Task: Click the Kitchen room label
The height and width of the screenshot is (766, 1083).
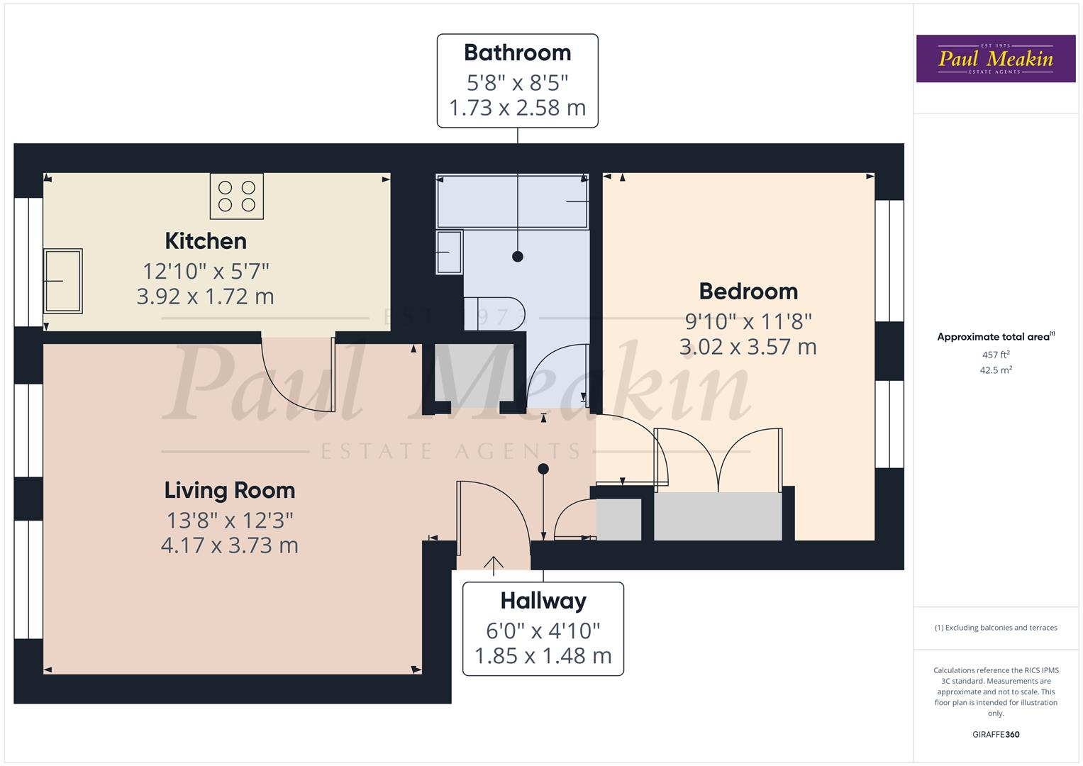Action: pos(206,241)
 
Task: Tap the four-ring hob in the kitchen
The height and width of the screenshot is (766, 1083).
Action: pos(236,196)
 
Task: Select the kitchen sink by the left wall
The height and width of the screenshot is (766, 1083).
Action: pos(63,281)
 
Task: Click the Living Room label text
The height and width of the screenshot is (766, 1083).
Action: pos(229,490)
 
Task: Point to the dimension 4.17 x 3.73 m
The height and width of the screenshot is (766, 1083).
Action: pos(229,545)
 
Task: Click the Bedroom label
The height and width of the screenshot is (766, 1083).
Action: pos(748,292)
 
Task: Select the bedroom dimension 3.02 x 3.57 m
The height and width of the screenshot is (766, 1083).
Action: pos(748,347)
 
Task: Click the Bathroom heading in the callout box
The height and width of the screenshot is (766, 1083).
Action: pos(517,53)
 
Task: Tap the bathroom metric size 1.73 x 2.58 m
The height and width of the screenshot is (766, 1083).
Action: pos(517,108)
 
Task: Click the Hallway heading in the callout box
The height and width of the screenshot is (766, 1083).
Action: pos(543,601)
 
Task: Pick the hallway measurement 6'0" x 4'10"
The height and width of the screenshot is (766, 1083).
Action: pos(543,630)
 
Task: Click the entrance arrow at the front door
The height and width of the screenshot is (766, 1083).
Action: pos(493,563)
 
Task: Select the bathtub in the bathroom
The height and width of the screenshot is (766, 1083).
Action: pos(513,201)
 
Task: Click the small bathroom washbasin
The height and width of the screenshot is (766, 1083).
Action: pos(449,252)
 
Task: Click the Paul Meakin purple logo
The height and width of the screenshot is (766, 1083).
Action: pos(996,59)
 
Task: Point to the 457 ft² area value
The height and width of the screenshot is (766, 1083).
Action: pos(996,355)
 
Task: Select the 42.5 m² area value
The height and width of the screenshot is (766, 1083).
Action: pos(996,370)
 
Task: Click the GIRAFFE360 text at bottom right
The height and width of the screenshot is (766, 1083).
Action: pos(996,734)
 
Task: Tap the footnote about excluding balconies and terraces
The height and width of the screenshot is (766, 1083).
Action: pos(996,628)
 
